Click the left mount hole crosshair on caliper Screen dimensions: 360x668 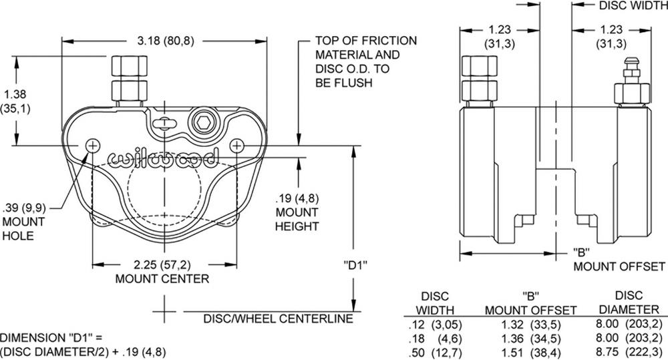[93, 145]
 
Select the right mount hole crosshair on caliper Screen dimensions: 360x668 [237, 145]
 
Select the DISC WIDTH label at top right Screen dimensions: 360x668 [631, 6]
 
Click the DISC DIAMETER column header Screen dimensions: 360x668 [629, 302]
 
